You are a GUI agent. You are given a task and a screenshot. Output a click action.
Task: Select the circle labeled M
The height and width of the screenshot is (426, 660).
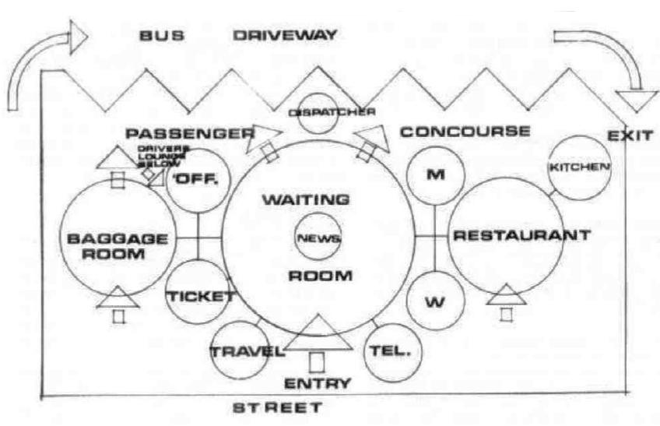[435, 174]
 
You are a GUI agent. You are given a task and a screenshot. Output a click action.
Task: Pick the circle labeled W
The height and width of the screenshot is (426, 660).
[435, 301]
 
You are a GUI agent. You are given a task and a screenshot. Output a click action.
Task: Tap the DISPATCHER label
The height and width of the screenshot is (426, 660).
[332, 111]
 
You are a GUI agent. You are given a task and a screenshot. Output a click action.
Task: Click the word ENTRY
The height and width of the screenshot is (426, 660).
[317, 383]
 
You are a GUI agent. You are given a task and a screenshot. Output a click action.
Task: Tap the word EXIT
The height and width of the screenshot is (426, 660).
[630, 136]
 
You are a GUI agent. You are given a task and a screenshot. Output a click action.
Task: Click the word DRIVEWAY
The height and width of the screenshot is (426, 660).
[285, 34]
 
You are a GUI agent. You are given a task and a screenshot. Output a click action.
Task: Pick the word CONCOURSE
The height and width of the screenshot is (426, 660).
[465, 132]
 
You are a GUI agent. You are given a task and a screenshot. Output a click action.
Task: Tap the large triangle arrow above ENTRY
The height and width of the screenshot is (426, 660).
[316, 335]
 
